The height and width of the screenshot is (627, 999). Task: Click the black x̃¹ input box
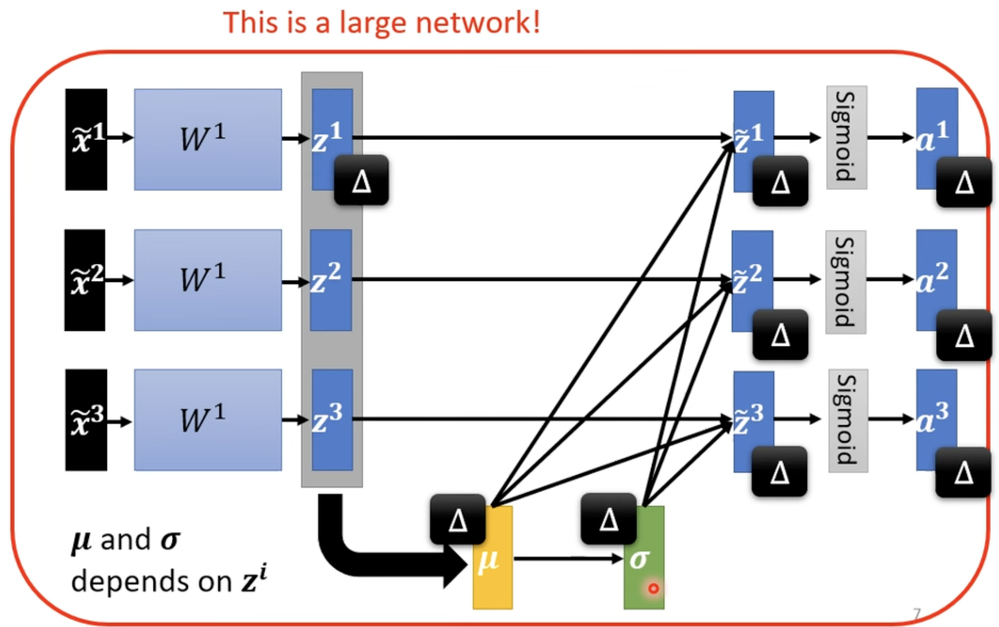click(x=86, y=139)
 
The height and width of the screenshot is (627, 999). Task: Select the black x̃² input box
click(x=85, y=280)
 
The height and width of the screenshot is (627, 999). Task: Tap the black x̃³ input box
click(x=86, y=420)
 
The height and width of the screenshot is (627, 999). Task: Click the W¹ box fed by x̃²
click(x=208, y=280)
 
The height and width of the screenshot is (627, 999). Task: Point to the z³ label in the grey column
click(x=327, y=418)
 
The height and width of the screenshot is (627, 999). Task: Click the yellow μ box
click(x=492, y=557)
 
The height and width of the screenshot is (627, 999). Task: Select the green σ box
click(x=644, y=557)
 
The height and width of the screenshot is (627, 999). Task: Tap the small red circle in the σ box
click(x=653, y=588)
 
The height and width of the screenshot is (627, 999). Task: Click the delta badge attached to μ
click(x=457, y=519)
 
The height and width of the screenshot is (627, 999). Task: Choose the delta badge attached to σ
click(x=608, y=518)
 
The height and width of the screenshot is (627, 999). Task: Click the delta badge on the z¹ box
click(x=361, y=180)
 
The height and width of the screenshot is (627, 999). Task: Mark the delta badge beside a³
click(x=963, y=472)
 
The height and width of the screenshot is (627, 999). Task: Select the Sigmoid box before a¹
click(x=847, y=137)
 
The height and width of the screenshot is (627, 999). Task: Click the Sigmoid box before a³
click(x=848, y=420)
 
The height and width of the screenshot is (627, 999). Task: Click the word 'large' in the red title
click(x=373, y=23)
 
